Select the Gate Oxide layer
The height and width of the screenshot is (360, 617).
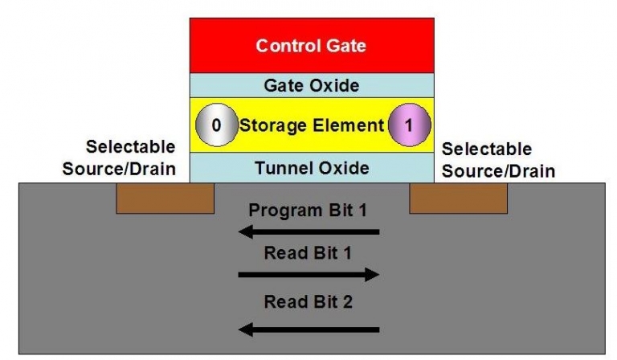click(312, 85)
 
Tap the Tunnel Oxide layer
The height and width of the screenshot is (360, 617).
click(312, 168)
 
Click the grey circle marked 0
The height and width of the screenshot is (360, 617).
click(215, 126)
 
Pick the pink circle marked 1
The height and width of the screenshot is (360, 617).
click(409, 126)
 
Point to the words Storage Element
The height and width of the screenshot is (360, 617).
click(312, 126)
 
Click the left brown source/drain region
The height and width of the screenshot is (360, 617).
click(165, 198)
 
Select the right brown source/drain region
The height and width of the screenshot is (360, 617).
click(458, 198)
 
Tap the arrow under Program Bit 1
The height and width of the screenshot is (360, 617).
click(309, 232)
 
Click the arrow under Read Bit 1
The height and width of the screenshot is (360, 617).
click(309, 275)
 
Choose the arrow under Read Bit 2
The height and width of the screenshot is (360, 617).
click(309, 329)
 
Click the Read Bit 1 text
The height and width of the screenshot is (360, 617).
click(308, 254)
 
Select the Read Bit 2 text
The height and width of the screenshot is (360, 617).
click(308, 303)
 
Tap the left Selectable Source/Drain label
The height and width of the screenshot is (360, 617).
click(130, 158)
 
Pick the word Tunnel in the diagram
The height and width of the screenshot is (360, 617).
click(282, 168)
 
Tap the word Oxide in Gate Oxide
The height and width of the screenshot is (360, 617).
click(334, 85)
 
